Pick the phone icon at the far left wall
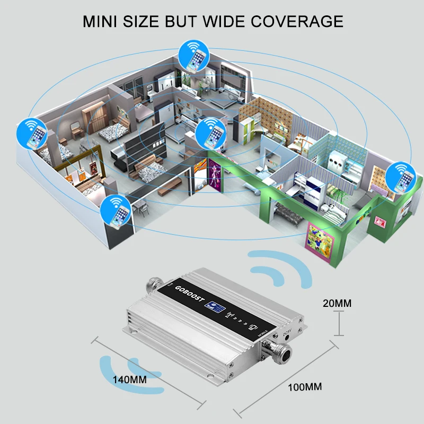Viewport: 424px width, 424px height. point(32,132)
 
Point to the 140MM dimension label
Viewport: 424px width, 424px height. point(129,379)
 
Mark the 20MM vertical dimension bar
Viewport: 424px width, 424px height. point(338,323)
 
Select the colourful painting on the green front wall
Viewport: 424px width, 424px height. point(320,237)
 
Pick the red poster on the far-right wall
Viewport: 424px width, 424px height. point(380,222)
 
